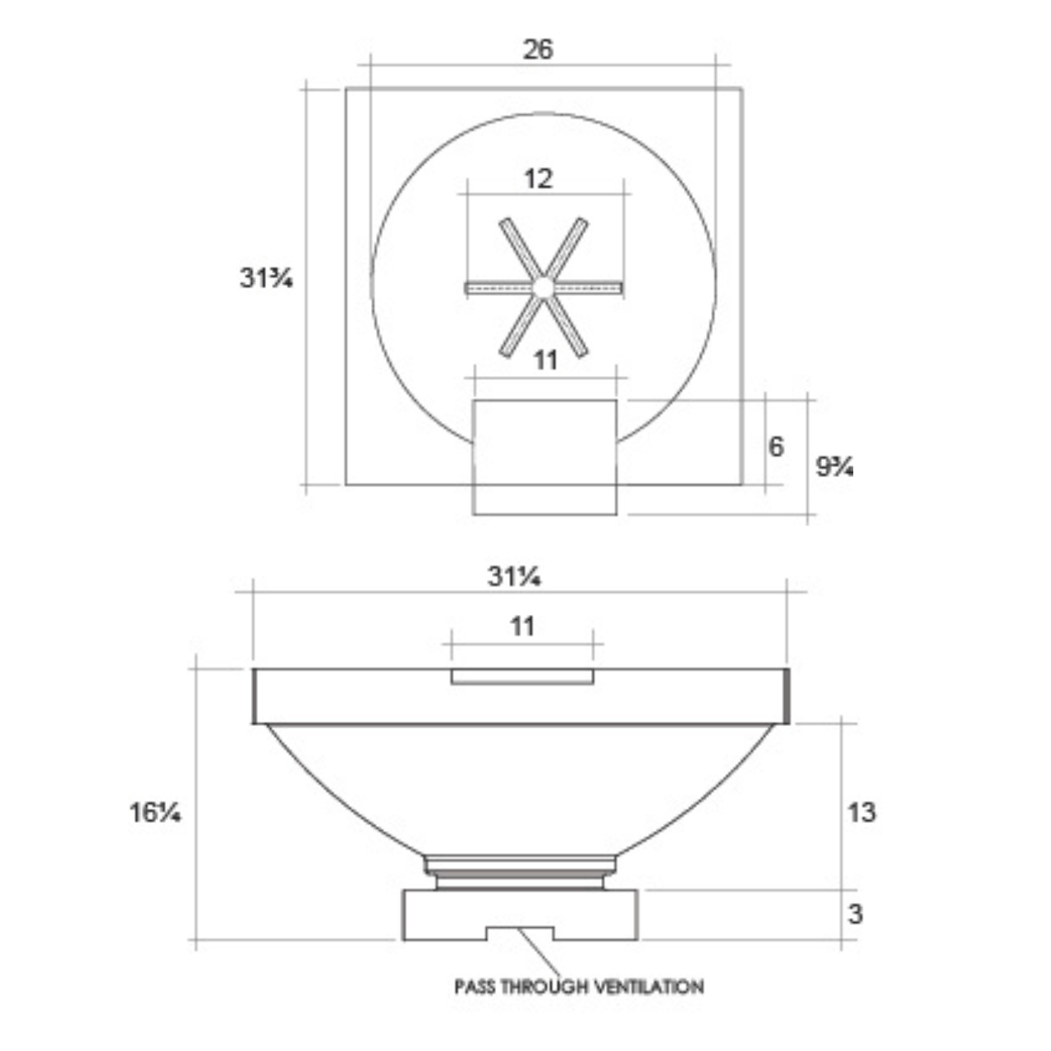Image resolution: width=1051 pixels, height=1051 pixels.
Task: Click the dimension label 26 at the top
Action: point(539,49)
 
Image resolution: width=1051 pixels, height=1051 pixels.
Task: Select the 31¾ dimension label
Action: point(266,278)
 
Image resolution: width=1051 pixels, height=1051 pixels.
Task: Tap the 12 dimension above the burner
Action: point(539,179)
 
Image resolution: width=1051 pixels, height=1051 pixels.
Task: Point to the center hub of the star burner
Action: point(543,288)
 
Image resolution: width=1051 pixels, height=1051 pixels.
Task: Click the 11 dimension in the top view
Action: point(546,360)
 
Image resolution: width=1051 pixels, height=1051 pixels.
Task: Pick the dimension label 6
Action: point(776,446)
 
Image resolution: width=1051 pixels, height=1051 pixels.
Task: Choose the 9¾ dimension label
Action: point(834,466)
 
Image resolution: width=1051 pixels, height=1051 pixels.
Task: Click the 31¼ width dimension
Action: point(514,576)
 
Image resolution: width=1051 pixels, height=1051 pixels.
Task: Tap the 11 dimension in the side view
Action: point(522,626)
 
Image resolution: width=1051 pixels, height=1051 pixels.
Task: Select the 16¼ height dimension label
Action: point(155,813)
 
